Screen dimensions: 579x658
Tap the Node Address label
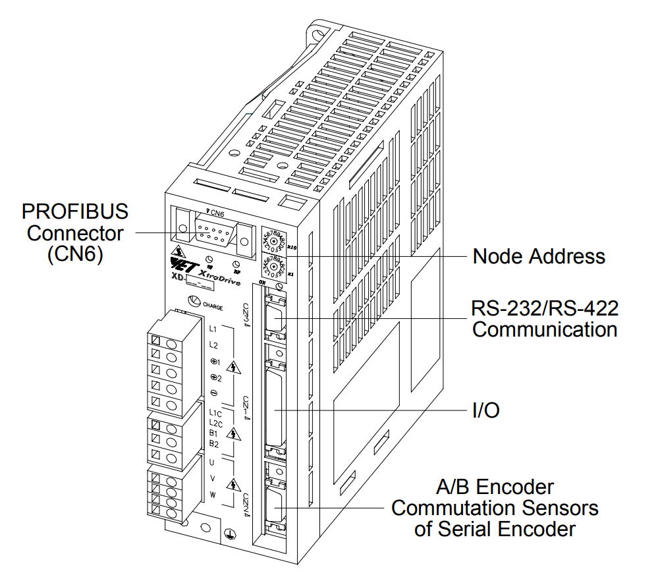pos(539,256)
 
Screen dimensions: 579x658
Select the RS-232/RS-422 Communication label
pos(545,318)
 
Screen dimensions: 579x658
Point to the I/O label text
pos(485,411)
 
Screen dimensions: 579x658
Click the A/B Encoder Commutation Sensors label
pos(495,508)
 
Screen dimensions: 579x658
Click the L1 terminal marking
pos(213,328)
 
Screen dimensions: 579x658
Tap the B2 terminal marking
pos(213,444)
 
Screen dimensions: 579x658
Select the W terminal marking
pos(213,493)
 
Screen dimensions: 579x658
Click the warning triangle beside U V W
pos(233,485)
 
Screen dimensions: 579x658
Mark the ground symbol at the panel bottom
pos(229,535)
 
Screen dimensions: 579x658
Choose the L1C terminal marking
pos(215,414)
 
